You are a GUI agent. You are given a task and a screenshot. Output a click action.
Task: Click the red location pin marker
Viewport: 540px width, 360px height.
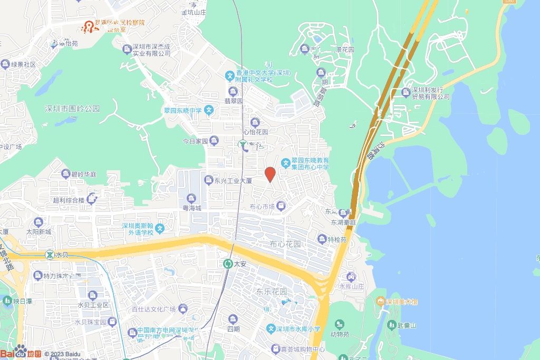coord(270,174)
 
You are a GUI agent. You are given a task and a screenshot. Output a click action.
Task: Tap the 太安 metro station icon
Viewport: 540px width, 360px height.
coord(228,264)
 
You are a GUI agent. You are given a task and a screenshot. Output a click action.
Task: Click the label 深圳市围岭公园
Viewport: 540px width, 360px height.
coord(72,109)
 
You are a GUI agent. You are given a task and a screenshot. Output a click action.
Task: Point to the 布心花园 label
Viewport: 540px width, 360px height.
coord(285,245)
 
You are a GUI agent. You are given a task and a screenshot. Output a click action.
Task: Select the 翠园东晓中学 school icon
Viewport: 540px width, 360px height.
coord(209,111)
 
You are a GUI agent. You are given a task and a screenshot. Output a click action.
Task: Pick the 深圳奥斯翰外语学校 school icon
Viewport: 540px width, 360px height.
coord(160,228)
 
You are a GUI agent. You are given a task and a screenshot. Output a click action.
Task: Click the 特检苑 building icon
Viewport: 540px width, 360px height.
coord(322,239)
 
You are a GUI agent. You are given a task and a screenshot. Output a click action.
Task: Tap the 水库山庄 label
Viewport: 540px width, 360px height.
coord(352,287)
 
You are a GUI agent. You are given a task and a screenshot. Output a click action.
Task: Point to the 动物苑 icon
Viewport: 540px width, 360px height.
coord(339,324)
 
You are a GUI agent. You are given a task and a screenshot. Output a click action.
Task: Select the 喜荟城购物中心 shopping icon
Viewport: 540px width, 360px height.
coord(275,348)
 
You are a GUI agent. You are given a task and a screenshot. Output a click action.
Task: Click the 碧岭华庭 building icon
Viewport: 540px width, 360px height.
coord(65,174)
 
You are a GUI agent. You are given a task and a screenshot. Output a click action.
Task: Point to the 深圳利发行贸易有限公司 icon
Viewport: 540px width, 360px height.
coord(406,93)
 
